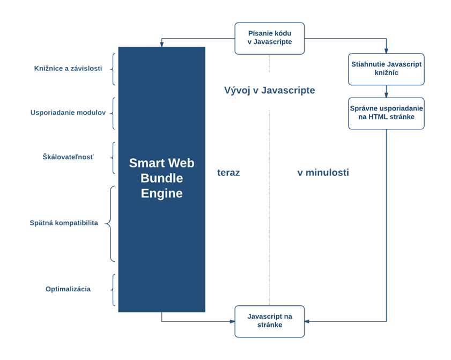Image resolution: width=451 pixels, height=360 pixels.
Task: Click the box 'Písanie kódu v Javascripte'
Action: (x=269, y=38)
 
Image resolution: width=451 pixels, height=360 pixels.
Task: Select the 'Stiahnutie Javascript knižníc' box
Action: (x=386, y=69)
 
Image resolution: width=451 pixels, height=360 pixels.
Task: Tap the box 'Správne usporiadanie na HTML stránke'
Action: (x=386, y=113)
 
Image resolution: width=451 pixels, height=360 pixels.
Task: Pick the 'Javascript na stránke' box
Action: (x=269, y=321)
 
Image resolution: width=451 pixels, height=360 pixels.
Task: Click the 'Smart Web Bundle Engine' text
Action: (x=161, y=178)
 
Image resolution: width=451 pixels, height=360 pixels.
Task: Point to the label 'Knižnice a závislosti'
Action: (x=68, y=69)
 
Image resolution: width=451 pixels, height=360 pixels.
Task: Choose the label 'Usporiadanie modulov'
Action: (x=68, y=113)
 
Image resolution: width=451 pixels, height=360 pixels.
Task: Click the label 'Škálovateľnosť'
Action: (x=68, y=157)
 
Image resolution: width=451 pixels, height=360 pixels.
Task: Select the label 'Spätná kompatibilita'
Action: (x=64, y=223)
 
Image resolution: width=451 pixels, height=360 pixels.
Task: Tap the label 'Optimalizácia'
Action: (x=68, y=289)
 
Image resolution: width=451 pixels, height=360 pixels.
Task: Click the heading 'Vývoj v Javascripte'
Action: (x=269, y=91)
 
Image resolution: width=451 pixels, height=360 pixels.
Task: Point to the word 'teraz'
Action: (x=228, y=173)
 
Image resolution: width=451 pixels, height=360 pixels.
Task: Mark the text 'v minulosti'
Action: (x=323, y=173)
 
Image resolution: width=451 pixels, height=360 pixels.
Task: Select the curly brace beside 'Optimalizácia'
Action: (x=113, y=290)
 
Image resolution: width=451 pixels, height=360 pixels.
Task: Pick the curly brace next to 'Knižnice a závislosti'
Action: (x=113, y=69)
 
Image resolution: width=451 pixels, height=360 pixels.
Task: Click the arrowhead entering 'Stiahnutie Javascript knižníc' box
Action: (x=386, y=50)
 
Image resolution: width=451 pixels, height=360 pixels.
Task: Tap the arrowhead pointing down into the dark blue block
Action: (x=161, y=44)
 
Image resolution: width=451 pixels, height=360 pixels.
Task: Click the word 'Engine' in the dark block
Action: (x=161, y=194)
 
